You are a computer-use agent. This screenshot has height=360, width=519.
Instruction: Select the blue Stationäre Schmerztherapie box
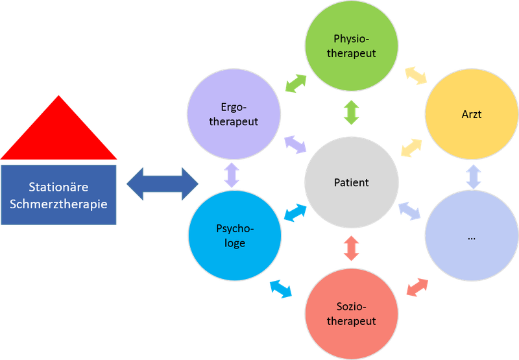[x=58, y=195]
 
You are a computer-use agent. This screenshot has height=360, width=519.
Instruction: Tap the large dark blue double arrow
[x=162, y=184]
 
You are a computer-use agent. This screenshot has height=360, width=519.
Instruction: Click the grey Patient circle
[x=352, y=183]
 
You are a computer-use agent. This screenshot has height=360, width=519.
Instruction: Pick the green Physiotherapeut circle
[x=352, y=45]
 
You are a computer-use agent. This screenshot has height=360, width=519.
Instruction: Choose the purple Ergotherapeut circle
[x=234, y=114]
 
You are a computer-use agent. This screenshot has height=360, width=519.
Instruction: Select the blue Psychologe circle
[x=235, y=235]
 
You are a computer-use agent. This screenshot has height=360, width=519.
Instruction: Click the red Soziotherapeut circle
[x=352, y=314]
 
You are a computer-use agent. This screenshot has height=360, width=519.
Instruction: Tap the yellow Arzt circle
[x=472, y=114]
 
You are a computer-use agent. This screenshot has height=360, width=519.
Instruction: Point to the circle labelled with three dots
[x=472, y=235]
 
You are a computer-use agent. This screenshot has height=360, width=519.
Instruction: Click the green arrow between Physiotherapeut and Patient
[x=352, y=112]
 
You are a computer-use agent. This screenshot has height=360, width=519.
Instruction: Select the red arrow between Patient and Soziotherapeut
[x=352, y=248]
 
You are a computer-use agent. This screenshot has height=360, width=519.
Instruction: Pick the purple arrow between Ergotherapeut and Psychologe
[x=232, y=175]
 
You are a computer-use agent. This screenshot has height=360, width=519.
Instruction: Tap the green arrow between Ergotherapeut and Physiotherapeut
[x=296, y=84]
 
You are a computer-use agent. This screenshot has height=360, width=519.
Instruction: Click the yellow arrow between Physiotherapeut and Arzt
[x=416, y=75]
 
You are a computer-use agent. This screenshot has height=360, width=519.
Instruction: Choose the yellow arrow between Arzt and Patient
[x=411, y=148]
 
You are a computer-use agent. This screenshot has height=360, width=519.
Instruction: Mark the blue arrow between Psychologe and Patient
[x=296, y=213]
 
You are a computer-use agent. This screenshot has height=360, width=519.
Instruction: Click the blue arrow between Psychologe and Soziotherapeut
[x=281, y=289]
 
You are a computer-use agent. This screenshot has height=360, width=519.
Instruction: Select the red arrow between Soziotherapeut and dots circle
[x=417, y=287]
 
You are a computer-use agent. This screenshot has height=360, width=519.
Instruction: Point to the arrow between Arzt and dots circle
[x=474, y=176]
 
